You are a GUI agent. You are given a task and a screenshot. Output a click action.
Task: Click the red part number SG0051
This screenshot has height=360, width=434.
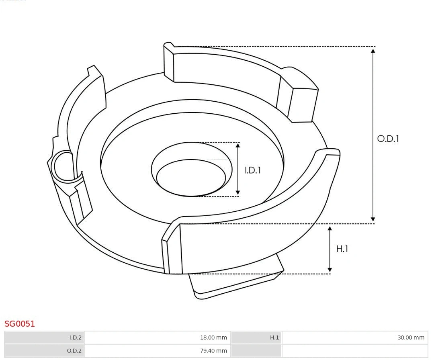click(20, 323)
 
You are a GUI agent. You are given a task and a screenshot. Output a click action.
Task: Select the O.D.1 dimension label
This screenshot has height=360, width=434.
click(388, 139)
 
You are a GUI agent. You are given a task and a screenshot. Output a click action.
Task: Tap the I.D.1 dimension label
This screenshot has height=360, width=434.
click(253, 170)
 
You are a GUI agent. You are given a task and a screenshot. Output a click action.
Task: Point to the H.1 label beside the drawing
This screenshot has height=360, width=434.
click(342, 249)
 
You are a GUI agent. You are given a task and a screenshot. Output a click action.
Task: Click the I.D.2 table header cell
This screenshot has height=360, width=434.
click(45, 337)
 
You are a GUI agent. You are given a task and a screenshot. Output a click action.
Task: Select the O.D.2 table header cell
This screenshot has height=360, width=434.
click(45, 351)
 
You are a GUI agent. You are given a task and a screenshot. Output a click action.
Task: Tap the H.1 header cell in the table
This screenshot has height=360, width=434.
click(256, 337)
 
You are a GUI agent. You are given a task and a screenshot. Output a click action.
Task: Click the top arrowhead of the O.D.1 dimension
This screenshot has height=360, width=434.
click(373, 50)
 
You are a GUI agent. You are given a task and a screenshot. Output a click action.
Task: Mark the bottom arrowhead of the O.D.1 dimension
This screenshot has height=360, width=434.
click(373, 219)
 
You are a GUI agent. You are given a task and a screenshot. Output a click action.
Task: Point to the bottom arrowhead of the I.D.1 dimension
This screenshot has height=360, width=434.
click(238, 193)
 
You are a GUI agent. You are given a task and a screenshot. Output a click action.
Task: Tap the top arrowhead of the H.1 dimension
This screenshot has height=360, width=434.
click(330, 229)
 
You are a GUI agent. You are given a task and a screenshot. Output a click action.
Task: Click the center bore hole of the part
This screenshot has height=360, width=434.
click(191, 177)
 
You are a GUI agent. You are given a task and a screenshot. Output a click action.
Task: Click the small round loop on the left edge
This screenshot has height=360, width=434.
click(63, 166)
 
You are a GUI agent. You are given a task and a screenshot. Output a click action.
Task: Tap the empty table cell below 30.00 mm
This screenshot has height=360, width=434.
click(355, 351)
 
